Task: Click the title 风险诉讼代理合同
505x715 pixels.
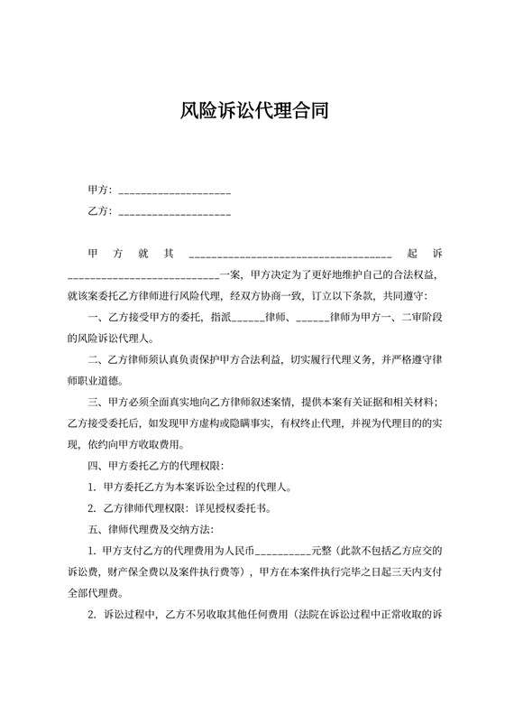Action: (252, 112)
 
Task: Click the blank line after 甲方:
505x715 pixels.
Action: (174, 191)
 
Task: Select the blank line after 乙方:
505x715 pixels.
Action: (174, 213)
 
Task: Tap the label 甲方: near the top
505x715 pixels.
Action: (99, 190)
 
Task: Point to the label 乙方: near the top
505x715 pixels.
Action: (99, 211)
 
